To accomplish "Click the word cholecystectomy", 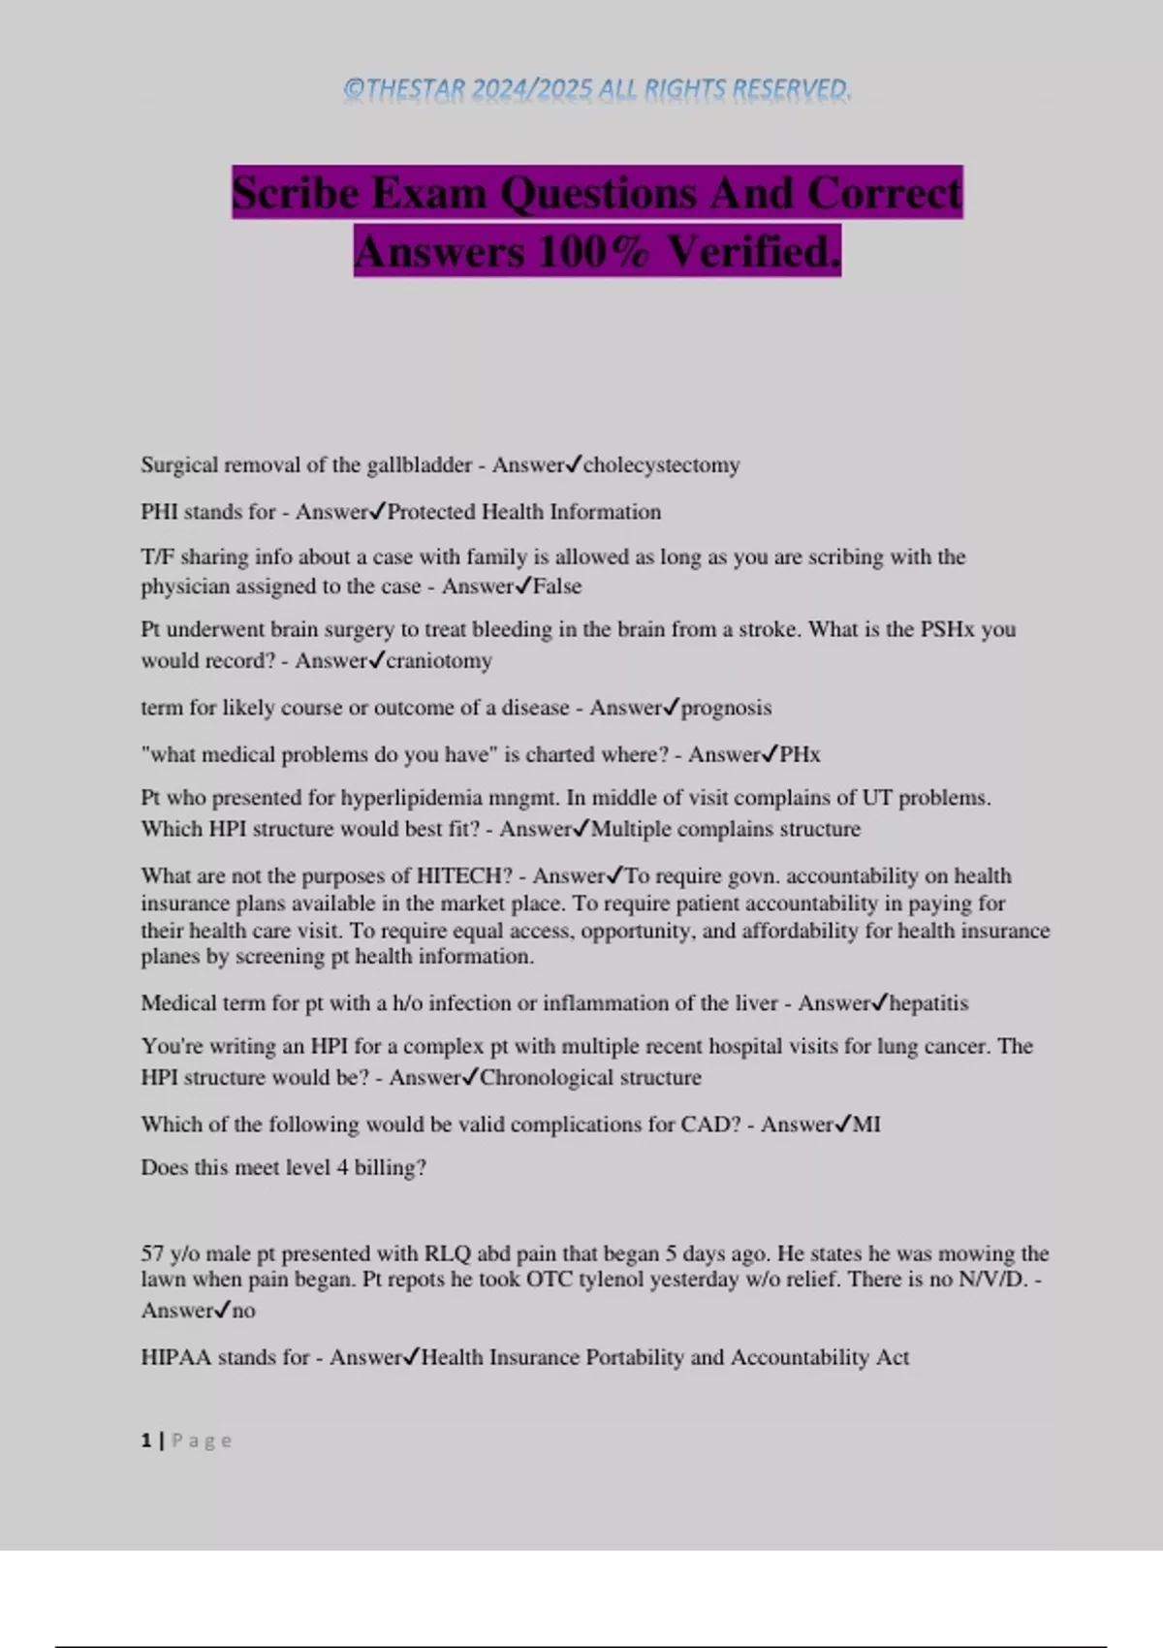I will (x=661, y=465).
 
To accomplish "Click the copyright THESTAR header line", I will (x=597, y=90).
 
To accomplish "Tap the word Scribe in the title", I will (x=296, y=193).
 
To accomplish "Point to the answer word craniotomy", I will (x=439, y=661).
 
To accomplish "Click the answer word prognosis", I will (x=726, y=708).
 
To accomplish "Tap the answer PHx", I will (x=800, y=754).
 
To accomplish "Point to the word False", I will (x=557, y=586).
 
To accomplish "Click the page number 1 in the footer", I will (x=146, y=1441).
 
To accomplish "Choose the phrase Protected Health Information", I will (x=523, y=512).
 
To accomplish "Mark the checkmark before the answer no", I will (x=221, y=1310).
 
